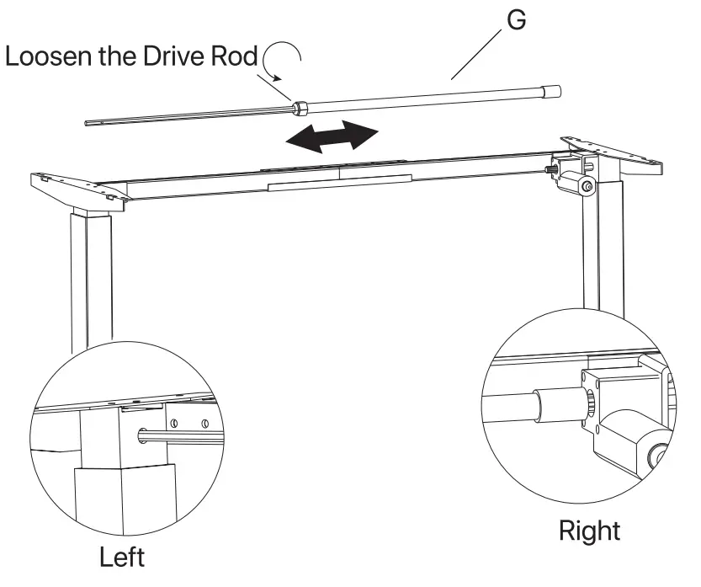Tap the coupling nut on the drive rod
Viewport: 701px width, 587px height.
[x=299, y=108]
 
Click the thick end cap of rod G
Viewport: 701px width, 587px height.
[x=552, y=90]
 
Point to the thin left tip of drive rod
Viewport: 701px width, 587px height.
[x=93, y=123]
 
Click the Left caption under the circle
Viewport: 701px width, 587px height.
[x=122, y=557]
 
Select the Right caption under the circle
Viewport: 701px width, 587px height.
[x=589, y=531]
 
